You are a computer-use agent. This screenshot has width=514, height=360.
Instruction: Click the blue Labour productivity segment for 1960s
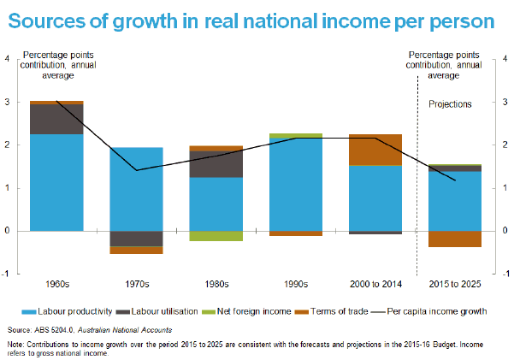[x=57, y=182]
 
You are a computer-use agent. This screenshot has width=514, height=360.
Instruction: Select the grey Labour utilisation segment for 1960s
[x=57, y=120]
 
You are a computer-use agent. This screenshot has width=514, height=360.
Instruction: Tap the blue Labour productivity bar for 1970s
[x=136, y=189]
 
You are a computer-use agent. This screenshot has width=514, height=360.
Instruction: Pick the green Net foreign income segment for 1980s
[x=216, y=236]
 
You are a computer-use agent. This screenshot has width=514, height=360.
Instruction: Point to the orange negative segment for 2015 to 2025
[x=454, y=239]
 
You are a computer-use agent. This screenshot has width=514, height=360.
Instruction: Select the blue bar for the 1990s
[x=295, y=184]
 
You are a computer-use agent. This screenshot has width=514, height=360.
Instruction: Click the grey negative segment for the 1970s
[x=136, y=239]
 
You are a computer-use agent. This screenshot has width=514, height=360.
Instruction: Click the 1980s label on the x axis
[x=216, y=283]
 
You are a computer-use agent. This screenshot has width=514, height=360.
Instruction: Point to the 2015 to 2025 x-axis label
[x=454, y=283]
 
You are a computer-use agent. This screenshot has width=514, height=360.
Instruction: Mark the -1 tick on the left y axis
[x=9, y=274]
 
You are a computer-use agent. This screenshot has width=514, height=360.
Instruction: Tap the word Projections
[x=450, y=103]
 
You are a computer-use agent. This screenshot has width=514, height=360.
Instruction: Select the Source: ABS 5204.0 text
[x=64, y=329]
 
